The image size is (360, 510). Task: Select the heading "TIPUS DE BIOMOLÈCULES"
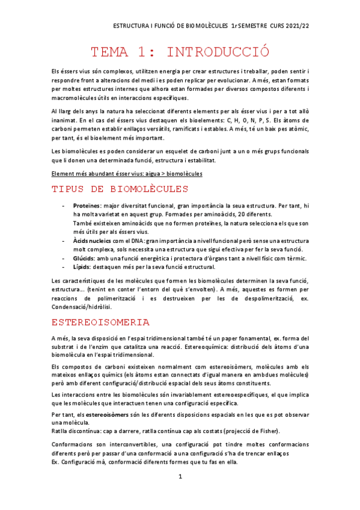(x=120, y=190)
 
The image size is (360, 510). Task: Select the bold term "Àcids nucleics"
(x=91, y=241)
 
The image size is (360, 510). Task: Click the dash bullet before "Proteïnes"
(x=64, y=207)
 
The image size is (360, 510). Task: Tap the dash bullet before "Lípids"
(x=64, y=267)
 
